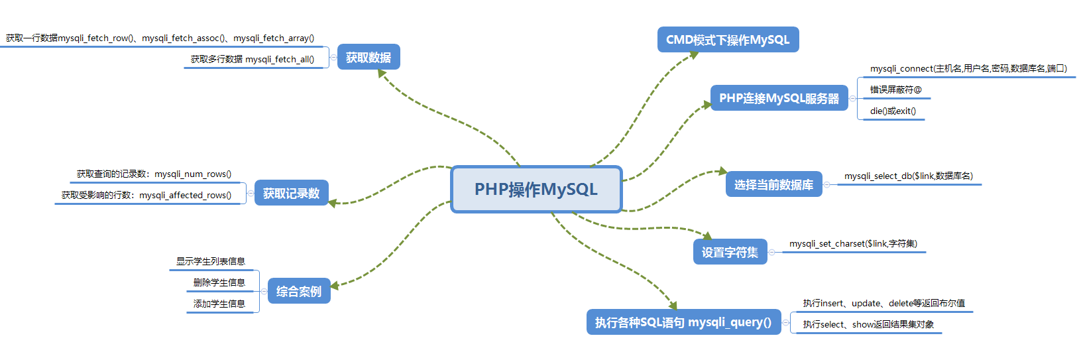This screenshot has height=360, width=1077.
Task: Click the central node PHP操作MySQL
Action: click(x=536, y=190)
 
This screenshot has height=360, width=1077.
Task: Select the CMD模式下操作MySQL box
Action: click(x=728, y=40)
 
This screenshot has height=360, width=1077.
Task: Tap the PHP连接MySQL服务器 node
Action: click(x=779, y=98)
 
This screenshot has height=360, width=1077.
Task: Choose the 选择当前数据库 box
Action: click(x=773, y=185)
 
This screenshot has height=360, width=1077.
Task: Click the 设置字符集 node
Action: click(x=730, y=252)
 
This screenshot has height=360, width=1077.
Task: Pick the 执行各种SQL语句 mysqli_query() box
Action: click(x=683, y=322)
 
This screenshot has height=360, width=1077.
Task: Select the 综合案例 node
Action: click(x=299, y=291)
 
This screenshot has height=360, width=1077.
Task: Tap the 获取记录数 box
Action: click(x=291, y=194)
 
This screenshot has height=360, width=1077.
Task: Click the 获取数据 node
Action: click(x=368, y=58)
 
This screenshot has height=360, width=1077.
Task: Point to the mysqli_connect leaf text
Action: click(x=968, y=69)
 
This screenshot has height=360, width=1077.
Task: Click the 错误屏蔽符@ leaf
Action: click(x=895, y=90)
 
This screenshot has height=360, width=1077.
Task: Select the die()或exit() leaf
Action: click(x=893, y=111)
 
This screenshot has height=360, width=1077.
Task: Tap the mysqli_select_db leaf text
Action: click(x=908, y=176)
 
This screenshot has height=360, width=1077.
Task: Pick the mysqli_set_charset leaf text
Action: click(x=853, y=244)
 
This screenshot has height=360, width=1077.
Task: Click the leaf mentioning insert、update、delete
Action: click(x=883, y=304)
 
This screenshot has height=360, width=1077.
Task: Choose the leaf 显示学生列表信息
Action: click(x=211, y=261)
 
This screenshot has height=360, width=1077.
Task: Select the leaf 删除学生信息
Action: click(x=219, y=282)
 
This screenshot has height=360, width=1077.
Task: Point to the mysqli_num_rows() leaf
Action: click(x=154, y=174)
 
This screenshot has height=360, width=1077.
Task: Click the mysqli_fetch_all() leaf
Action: click(x=253, y=60)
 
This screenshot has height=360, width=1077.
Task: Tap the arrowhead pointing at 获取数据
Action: click(x=381, y=73)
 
